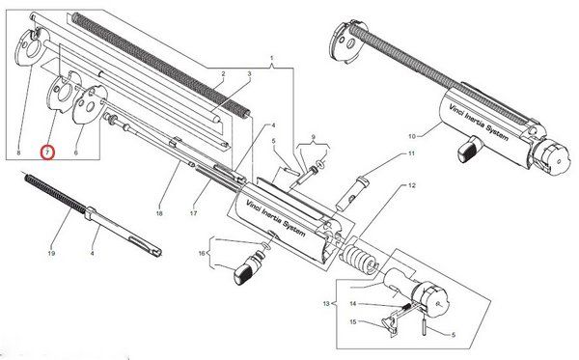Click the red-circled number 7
click(48, 152)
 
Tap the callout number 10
click(412, 136)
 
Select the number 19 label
click(51, 253)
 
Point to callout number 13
click(326, 304)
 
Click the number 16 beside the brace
click(202, 254)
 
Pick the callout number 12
click(412, 185)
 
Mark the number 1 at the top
click(272, 58)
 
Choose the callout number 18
click(159, 213)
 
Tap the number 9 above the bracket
click(314, 137)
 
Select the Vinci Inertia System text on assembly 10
click(479, 122)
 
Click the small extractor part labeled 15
click(389, 323)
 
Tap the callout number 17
click(193, 213)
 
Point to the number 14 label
click(353, 304)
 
